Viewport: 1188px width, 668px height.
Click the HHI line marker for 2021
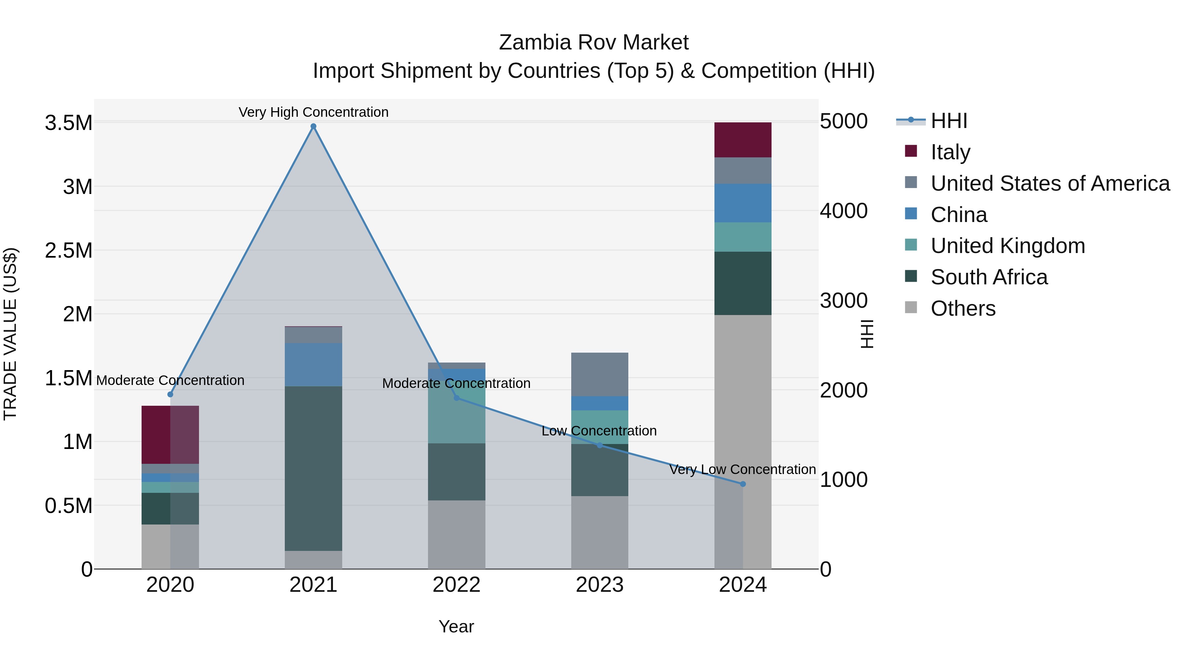click(x=313, y=126)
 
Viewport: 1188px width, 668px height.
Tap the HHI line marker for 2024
click(x=742, y=484)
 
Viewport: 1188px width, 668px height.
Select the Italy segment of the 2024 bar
click(x=742, y=140)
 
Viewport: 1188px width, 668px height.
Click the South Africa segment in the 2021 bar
click(x=313, y=468)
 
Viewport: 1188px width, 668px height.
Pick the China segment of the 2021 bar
click(x=313, y=364)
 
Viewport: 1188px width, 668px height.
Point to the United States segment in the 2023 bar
click(x=600, y=374)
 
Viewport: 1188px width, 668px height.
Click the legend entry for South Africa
click(x=989, y=277)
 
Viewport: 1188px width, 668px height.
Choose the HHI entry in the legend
click(x=948, y=121)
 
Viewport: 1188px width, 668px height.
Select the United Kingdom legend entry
click(x=1007, y=246)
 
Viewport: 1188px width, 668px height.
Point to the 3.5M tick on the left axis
click(x=69, y=123)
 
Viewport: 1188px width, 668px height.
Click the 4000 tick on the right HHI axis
click(x=843, y=211)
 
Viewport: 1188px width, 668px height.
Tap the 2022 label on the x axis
click(x=457, y=585)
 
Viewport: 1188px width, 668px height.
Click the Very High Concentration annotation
click(x=313, y=112)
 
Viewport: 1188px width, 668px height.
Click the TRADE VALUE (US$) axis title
click(x=10, y=334)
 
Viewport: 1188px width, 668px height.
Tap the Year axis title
click(x=456, y=626)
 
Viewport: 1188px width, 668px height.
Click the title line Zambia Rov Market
click(x=594, y=43)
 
